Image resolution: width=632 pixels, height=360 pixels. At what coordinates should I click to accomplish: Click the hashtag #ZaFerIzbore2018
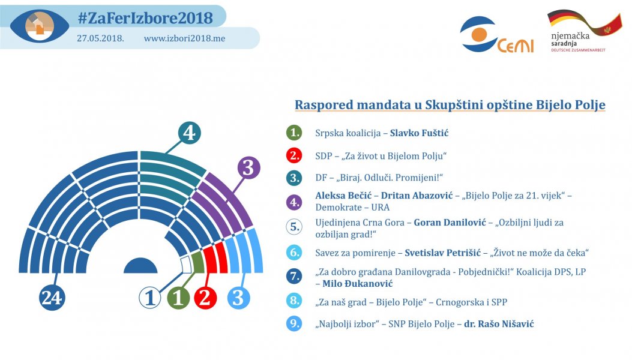pos(145,18)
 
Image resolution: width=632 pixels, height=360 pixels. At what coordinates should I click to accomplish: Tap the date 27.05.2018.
pos(100,38)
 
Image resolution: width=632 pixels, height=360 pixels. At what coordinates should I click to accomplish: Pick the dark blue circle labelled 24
pos(52,297)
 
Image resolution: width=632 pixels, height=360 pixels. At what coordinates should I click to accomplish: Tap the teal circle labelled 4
pos(189,132)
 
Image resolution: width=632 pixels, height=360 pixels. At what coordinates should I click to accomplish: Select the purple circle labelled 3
pos(248,167)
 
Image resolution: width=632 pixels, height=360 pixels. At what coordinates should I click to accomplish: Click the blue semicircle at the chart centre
pos(140,266)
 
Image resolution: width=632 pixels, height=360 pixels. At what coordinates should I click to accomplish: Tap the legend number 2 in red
pos(293,155)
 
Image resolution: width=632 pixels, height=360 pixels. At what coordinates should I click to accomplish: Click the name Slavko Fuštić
pos(419,133)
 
